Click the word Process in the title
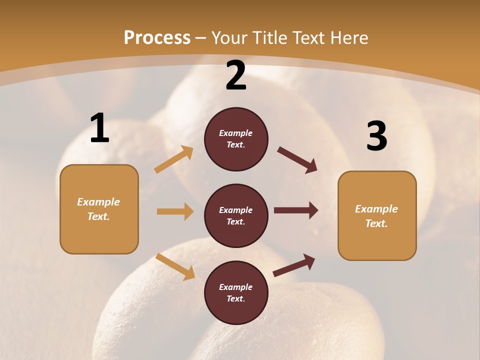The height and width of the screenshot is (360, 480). tap(157, 38)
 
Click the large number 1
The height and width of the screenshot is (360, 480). tap(99, 128)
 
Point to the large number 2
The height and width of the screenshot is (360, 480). tap(236, 75)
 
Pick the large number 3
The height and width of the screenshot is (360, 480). tap(376, 136)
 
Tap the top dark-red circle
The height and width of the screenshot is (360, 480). tap(236, 139)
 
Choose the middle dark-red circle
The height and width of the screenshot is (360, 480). tap(236, 215)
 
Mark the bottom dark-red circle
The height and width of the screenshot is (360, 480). tap(236, 292)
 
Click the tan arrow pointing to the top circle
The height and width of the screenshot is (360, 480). tap(174, 159)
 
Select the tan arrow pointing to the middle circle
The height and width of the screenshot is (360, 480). tap(175, 211)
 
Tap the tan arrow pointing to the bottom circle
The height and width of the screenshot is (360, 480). tap(175, 266)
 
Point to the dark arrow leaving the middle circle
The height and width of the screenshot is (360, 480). tap(296, 210)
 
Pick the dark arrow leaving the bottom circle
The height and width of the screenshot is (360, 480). tap(294, 265)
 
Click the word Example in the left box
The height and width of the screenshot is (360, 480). tap(98, 202)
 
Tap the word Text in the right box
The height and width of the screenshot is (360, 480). tap(376, 223)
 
